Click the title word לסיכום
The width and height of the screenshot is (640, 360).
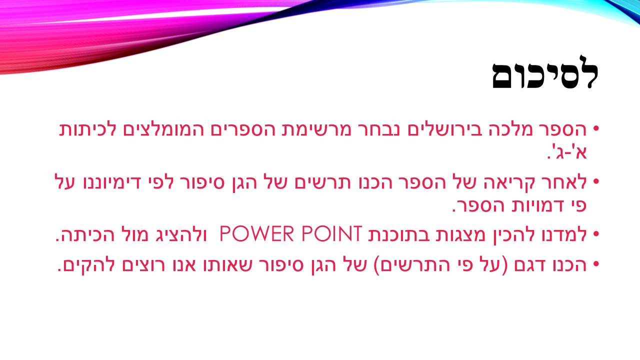click(545, 76)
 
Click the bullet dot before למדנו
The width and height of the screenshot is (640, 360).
click(595, 234)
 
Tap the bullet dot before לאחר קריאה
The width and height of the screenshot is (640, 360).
click(595, 181)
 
